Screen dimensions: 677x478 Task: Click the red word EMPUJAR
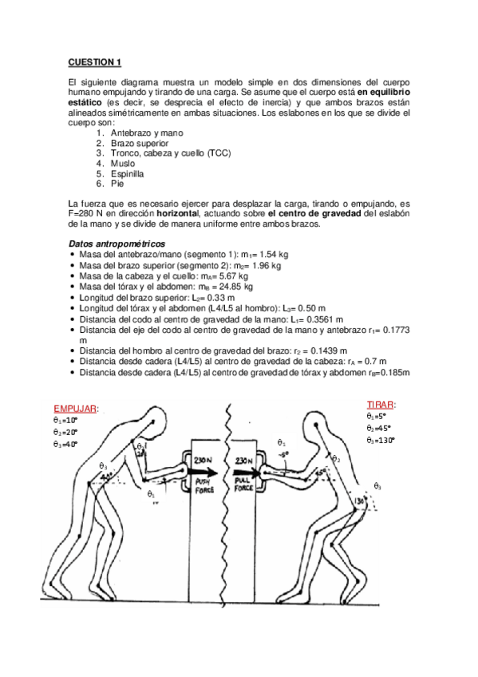point(76,409)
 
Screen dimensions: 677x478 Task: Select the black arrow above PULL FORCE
point(242,473)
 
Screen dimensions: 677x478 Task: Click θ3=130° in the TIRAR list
point(381,440)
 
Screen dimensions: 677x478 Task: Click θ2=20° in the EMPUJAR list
point(66,432)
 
